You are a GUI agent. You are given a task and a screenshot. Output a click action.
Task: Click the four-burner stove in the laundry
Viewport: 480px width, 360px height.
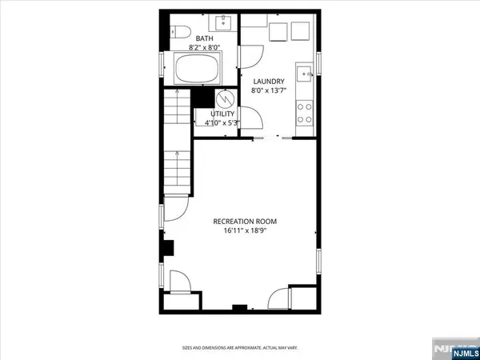coord(305,111)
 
